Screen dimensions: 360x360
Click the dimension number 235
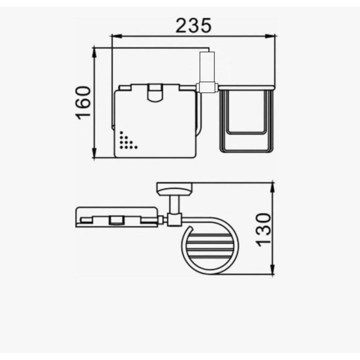coord(193,25)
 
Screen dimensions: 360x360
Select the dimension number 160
coord(83,103)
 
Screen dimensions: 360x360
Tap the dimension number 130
coord(263,230)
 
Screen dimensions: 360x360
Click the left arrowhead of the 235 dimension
coord(116,36)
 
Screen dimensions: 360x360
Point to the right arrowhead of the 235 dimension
coord(270,36)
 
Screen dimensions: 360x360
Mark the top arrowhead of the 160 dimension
coord(94,53)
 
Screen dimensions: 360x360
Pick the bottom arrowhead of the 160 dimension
coord(94,153)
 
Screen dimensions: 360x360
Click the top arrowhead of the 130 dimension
coord(272,188)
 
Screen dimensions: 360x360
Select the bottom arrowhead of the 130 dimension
coord(272,269)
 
